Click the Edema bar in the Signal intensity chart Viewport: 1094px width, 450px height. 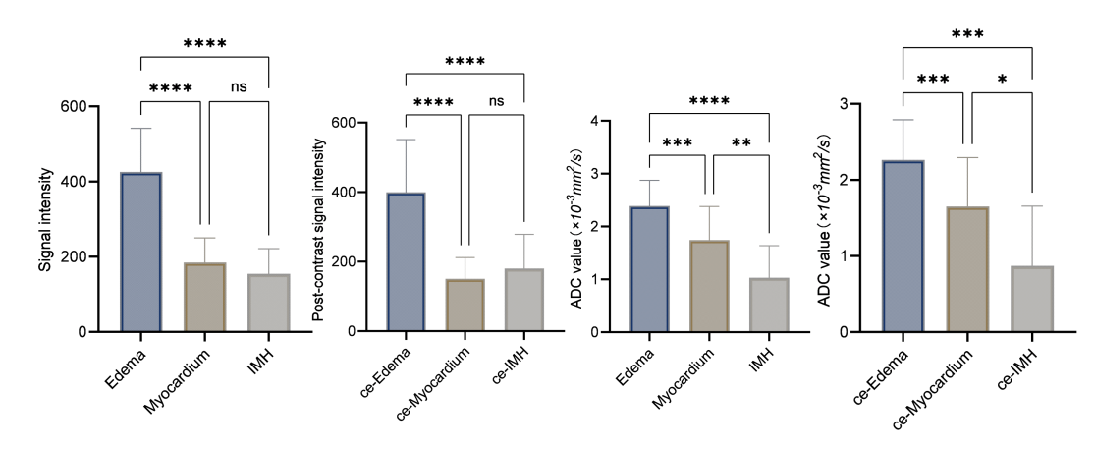tap(141, 252)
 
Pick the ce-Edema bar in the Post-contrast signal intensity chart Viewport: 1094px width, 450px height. tap(406, 261)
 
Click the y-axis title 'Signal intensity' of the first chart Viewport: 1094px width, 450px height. tap(45, 220)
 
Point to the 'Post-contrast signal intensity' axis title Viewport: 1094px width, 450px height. tap(319, 230)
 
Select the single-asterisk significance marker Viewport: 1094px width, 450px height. tap(1002, 81)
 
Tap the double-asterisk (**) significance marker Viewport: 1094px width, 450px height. tap(741, 144)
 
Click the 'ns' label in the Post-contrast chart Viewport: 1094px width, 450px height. tap(496, 102)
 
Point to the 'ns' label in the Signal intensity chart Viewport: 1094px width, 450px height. tap(239, 87)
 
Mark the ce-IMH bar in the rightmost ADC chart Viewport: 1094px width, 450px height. tap(1032, 299)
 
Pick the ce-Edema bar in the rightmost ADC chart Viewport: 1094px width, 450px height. tap(903, 247)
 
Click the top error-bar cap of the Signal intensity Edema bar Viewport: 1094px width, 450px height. tap(141, 129)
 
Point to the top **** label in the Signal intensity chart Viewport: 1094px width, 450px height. tap(205, 43)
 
